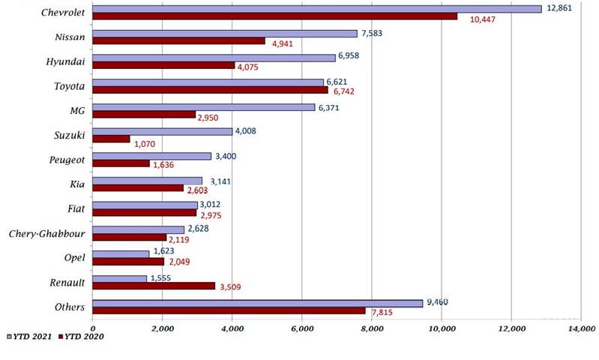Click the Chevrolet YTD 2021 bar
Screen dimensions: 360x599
[x=317, y=9]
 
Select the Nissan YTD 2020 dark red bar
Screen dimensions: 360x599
[x=179, y=41]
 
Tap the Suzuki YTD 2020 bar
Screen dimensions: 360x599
[x=112, y=139]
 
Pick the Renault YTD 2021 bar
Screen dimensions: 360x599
[x=120, y=278]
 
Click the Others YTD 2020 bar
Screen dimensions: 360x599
[x=229, y=310]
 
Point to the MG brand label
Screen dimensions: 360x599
[x=76, y=111]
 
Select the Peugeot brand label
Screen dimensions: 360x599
[x=66, y=160]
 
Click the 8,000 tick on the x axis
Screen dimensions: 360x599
[x=371, y=328]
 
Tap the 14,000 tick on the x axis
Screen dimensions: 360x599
[x=580, y=328]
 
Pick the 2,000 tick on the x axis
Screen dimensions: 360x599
[x=162, y=328]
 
